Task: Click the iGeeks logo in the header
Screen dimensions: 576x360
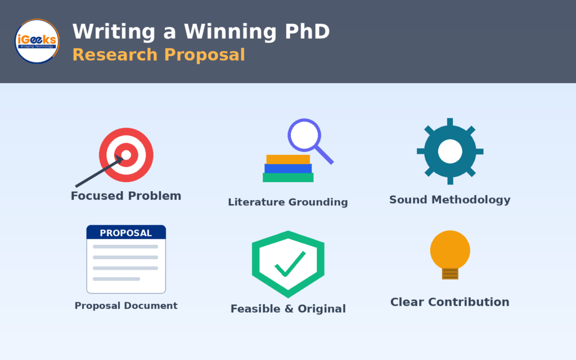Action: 37,41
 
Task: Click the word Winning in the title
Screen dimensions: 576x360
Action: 230,32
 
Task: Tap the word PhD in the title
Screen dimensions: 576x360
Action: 308,31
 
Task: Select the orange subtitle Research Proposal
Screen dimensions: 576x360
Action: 159,55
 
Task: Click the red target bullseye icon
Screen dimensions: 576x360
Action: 126,155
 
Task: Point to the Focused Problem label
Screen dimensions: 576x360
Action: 126,196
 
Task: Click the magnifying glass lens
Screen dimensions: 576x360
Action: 304,135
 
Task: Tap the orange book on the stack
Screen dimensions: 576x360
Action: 288,159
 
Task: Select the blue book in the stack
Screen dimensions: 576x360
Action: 288,169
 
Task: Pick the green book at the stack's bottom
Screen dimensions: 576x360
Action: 288,178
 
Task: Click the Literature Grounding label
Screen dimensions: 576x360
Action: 288,202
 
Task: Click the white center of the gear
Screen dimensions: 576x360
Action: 450,151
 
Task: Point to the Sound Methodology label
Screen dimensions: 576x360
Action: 450,200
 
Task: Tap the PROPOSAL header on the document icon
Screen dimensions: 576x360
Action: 126,233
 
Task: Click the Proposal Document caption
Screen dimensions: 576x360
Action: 126,305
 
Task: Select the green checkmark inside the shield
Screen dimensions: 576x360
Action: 290,264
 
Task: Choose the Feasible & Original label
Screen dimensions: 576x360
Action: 288,309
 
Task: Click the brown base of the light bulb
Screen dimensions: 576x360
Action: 450,274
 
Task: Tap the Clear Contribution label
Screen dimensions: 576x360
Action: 450,302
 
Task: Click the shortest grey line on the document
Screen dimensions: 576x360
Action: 116,279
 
